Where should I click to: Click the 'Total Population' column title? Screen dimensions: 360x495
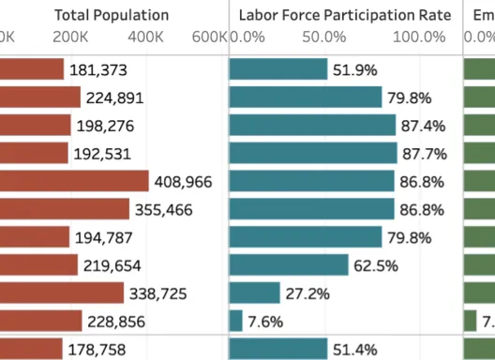[112, 15]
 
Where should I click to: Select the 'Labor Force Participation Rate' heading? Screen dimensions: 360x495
[344, 15]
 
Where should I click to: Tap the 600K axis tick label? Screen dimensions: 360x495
[209, 37]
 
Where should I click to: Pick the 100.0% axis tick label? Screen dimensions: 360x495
[419, 37]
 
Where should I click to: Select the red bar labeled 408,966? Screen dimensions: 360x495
[75, 181]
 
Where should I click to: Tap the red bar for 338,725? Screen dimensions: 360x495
[62, 293]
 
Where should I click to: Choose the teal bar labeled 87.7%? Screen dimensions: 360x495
[313, 153]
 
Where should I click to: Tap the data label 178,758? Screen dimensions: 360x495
[99, 350]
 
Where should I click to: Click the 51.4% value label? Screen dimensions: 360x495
[352, 350]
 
